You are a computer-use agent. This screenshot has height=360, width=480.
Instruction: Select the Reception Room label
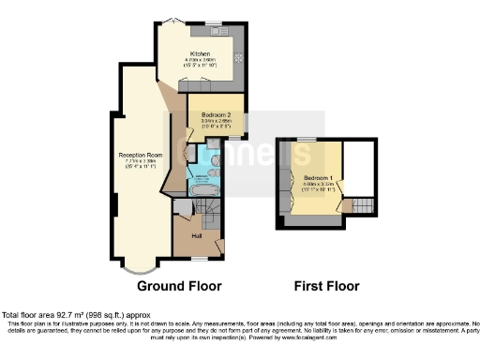click(134, 154)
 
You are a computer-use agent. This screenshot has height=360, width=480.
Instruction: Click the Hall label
click(197, 236)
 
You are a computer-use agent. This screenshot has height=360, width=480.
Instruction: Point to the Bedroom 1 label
click(319, 177)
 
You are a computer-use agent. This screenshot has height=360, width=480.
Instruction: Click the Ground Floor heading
click(174, 285)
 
